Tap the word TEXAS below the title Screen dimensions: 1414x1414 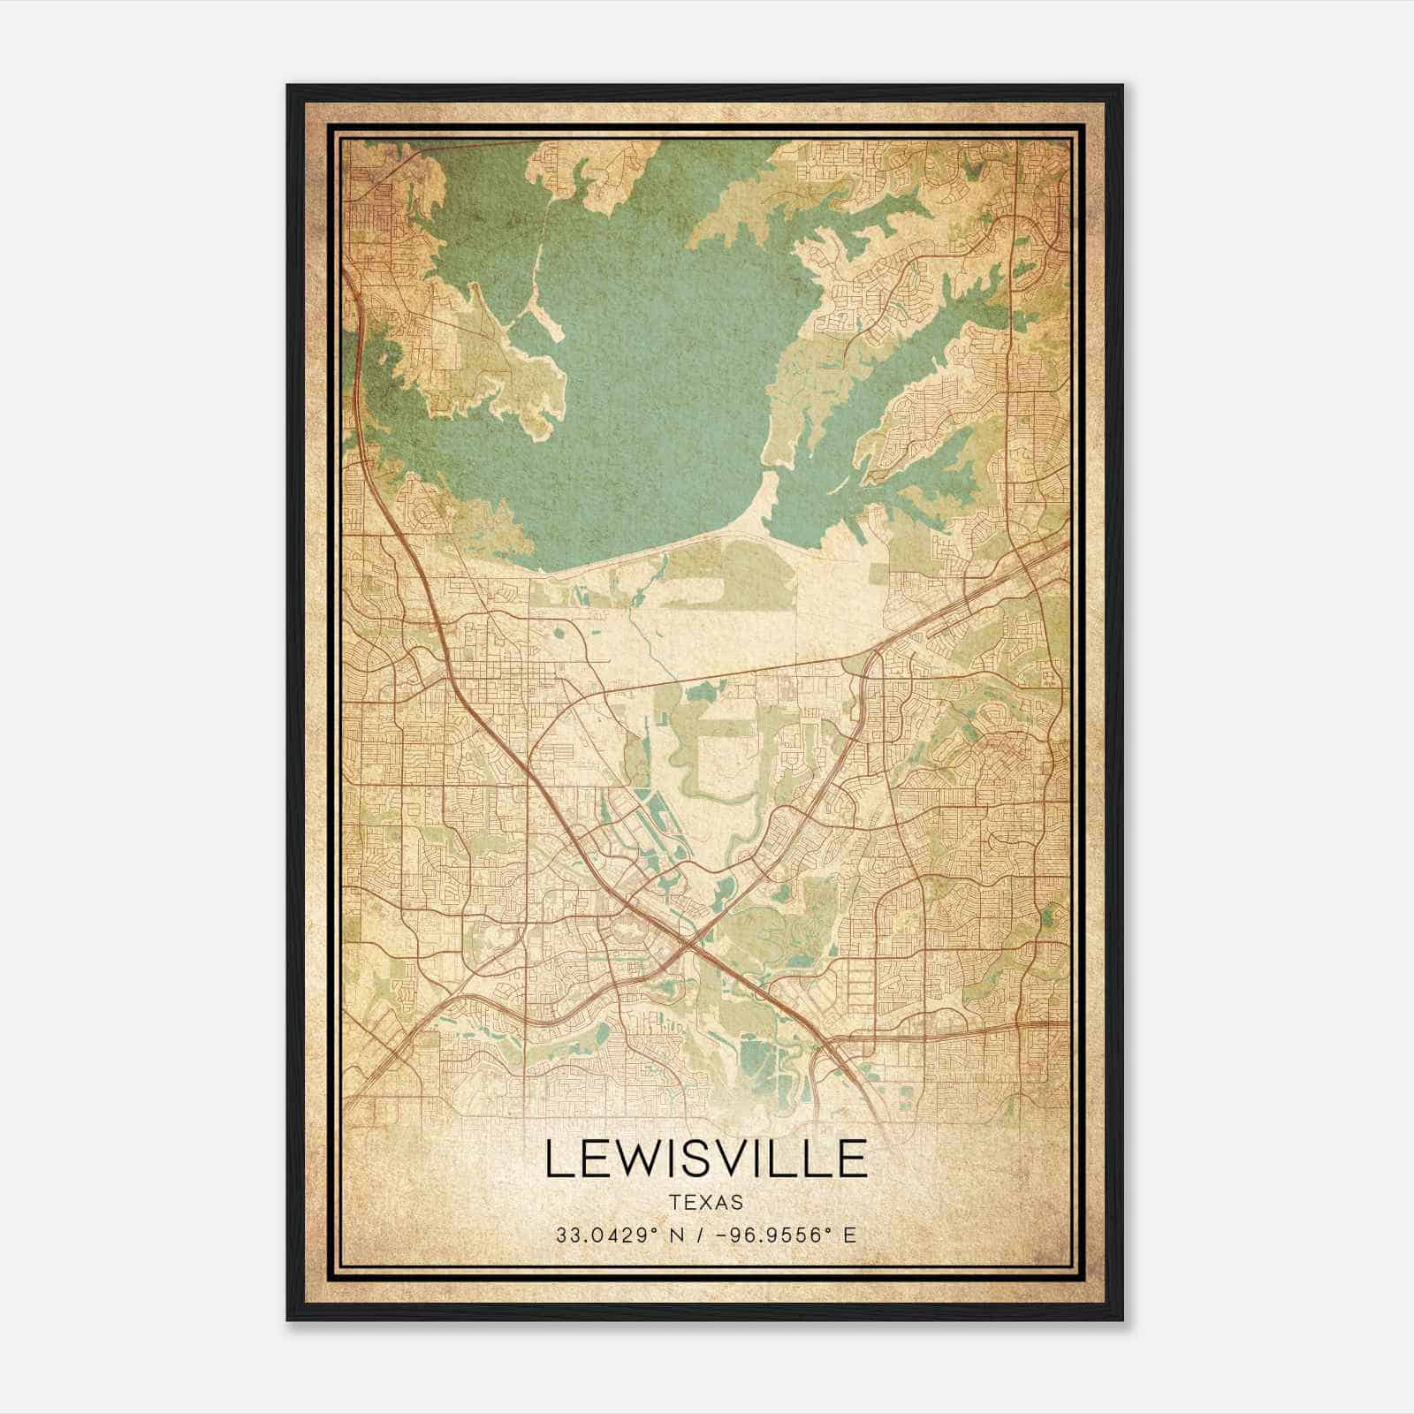coord(706,1202)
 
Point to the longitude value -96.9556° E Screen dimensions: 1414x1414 coord(780,1235)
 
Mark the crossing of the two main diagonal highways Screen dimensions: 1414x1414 coord(688,949)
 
